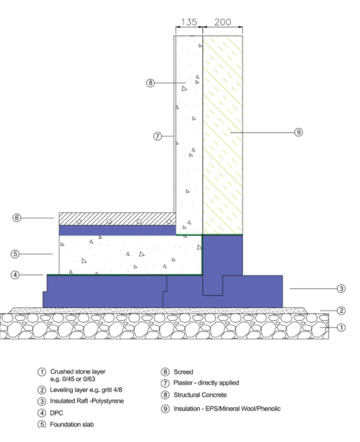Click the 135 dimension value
coord(189,22)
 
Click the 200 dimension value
coord(222,22)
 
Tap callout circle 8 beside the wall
coord(150,83)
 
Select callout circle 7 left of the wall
coord(158,136)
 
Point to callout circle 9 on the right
coord(298,132)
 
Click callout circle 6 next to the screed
coord(17,218)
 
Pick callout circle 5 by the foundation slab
coord(15,254)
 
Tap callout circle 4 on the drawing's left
coord(15,275)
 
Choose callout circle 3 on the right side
coord(341,289)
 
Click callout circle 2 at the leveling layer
coord(341,310)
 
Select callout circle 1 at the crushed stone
coord(341,328)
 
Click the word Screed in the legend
coord(183,372)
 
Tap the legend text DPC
coord(56,413)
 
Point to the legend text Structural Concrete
coord(200,395)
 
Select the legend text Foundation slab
coord(72,425)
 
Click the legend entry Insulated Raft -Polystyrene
coord(87,401)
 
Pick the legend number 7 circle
coord(165,383)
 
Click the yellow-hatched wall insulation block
coord(222,134)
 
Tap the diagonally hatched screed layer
coord(117,219)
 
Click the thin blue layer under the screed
coord(117,230)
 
